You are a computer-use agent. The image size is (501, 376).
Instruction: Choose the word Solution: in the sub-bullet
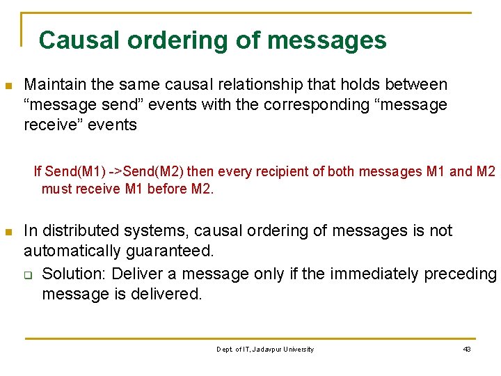pyautogui.click(x=74, y=274)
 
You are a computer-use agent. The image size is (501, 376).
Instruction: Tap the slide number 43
pyautogui.click(x=467, y=349)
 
